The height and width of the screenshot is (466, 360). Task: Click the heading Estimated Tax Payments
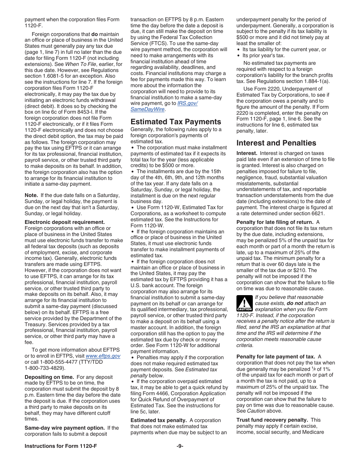pyautogui.click(x=175, y=122)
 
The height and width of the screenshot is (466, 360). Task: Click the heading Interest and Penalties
pyautogui.click(x=276, y=143)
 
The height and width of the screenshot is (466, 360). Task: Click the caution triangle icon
pyautogui.click(x=244, y=303)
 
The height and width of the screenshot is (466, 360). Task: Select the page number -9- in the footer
pyautogui.click(x=180, y=446)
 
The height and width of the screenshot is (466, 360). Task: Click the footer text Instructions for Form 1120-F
pyautogui.click(x=61, y=446)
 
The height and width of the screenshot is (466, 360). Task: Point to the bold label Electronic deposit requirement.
pyautogui.click(x=64, y=222)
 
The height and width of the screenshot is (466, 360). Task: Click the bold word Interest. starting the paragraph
pyautogui.click(x=247, y=153)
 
